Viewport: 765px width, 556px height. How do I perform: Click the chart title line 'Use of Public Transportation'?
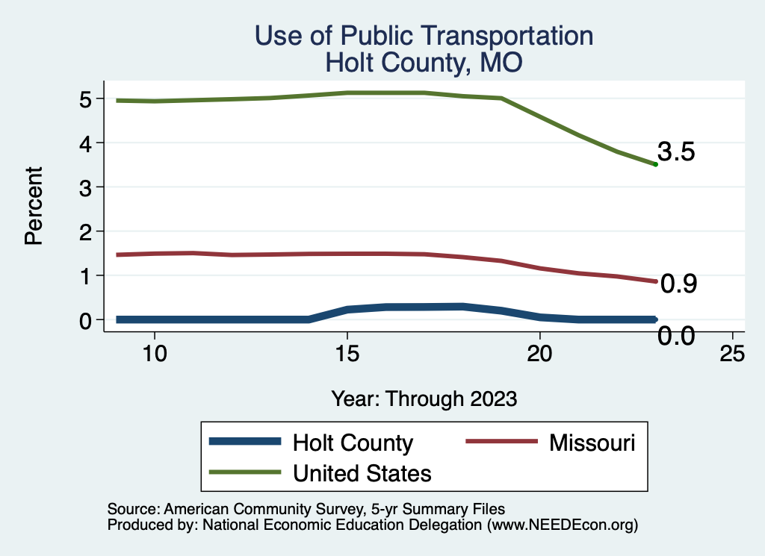point(424,36)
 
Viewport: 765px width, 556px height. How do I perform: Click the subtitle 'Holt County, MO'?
point(424,63)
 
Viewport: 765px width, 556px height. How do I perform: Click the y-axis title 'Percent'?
point(33,209)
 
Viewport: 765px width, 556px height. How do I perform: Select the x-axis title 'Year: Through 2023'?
point(424,399)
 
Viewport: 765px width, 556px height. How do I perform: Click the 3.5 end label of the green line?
point(676,152)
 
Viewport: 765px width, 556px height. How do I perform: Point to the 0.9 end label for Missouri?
point(679,284)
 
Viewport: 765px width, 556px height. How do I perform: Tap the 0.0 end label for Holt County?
point(677,337)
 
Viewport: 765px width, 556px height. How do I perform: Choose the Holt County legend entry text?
point(353,443)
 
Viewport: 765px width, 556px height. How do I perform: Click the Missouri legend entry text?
point(592,443)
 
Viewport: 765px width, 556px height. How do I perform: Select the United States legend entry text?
point(362,472)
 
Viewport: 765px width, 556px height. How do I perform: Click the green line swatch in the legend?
point(246,472)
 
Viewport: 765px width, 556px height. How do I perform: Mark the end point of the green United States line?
point(655,164)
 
